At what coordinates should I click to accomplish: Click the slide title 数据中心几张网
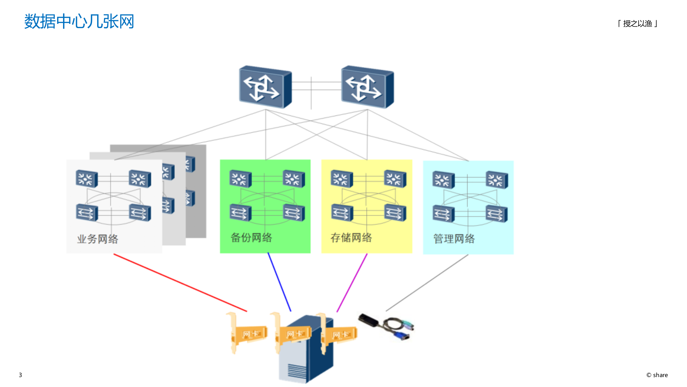79,21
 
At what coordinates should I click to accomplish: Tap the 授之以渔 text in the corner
638,24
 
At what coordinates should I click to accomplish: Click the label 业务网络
98,239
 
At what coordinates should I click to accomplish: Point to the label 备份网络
251,238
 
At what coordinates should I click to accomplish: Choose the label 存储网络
351,238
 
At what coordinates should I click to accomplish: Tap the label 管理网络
454,239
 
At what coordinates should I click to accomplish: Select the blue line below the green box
279,282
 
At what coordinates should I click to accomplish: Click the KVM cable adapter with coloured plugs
386,327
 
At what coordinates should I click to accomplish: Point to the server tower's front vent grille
297,371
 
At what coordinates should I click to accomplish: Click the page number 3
20,375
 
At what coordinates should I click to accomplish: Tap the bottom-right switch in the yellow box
395,213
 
